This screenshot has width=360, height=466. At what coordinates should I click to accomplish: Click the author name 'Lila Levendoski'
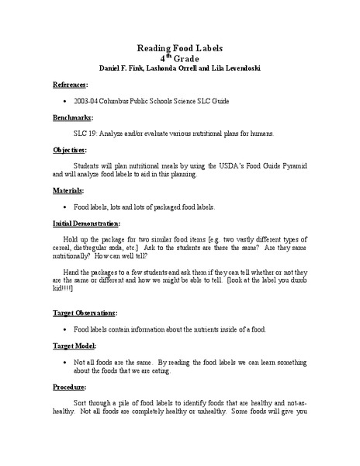(x=232, y=68)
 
